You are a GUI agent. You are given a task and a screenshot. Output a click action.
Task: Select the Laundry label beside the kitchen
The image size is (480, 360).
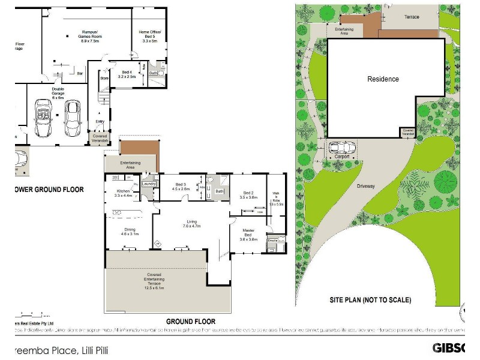[149, 184]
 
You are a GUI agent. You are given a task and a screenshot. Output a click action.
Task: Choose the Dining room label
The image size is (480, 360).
[130, 232]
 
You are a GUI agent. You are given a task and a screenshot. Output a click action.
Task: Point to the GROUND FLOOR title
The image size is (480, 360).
[190, 322]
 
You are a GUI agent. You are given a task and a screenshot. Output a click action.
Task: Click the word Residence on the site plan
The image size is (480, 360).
[383, 79]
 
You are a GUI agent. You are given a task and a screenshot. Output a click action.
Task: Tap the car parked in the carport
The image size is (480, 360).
[341, 147]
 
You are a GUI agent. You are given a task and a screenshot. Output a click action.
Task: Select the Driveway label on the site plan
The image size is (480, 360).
[366, 186]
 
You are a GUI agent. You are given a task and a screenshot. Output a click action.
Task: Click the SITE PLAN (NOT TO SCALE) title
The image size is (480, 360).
[370, 299]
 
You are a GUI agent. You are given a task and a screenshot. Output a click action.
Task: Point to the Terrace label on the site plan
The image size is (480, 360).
[412, 17]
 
